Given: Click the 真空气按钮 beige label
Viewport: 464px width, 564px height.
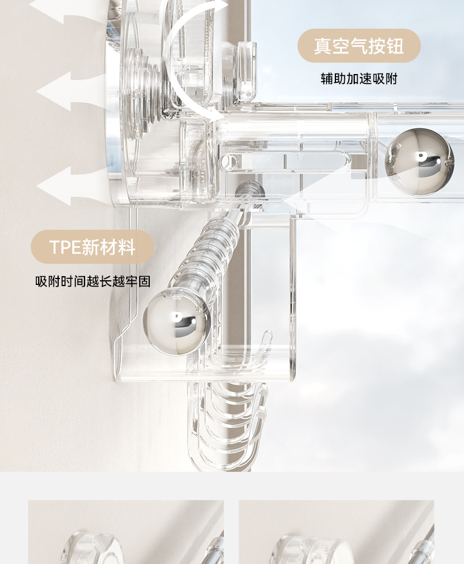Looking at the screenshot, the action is [x=359, y=46].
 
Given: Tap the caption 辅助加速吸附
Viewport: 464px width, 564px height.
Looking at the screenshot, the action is [x=359, y=79].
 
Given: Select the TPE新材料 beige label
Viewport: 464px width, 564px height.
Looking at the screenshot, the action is [x=92, y=247].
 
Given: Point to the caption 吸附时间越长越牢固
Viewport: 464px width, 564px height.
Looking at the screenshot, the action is [x=93, y=282].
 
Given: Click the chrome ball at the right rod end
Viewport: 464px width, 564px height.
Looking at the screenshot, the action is [x=419, y=162].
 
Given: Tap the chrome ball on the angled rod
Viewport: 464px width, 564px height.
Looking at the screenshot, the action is [x=176, y=324].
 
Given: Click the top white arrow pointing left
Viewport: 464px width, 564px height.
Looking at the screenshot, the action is [x=56, y=10].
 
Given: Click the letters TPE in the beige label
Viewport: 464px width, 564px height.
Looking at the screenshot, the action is [x=64, y=247].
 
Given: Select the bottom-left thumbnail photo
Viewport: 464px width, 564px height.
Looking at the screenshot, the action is [x=126, y=532].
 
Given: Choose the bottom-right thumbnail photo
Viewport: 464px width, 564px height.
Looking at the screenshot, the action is [x=336, y=532].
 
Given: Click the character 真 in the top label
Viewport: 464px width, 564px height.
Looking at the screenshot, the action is [x=322, y=46].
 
